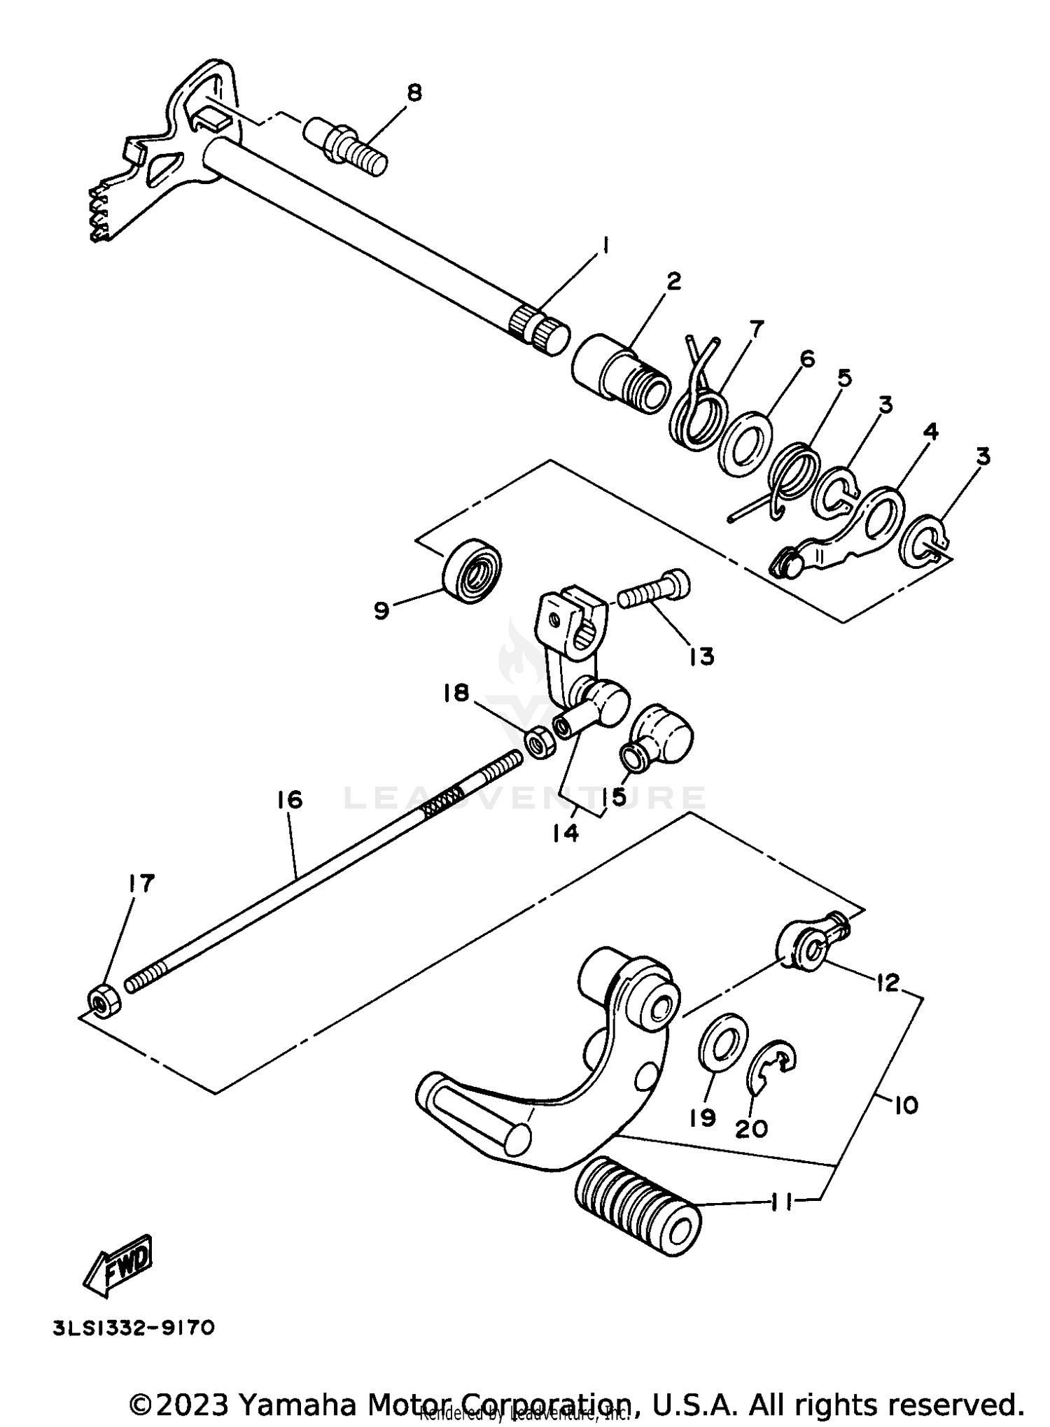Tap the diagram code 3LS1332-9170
click(x=134, y=1328)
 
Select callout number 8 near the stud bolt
click(x=414, y=93)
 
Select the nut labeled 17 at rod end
click(x=104, y=1001)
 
